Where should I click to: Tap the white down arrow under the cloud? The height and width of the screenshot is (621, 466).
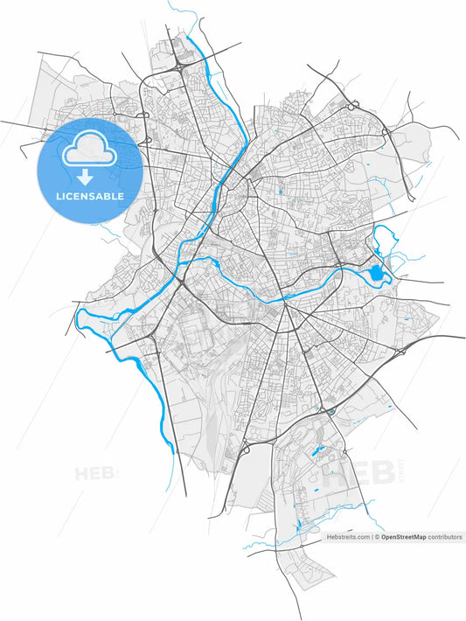click(x=87, y=178)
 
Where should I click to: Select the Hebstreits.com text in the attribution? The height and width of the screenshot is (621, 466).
click(x=348, y=537)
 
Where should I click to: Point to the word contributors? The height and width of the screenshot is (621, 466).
click(x=445, y=537)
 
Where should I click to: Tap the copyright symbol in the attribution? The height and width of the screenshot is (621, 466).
click(x=376, y=537)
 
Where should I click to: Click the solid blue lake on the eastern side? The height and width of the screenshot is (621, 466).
click(x=377, y=275)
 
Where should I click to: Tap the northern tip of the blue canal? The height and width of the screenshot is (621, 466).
click(x=187, y=39)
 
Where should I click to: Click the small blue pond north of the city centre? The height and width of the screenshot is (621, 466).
click(x=281, y=191)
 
